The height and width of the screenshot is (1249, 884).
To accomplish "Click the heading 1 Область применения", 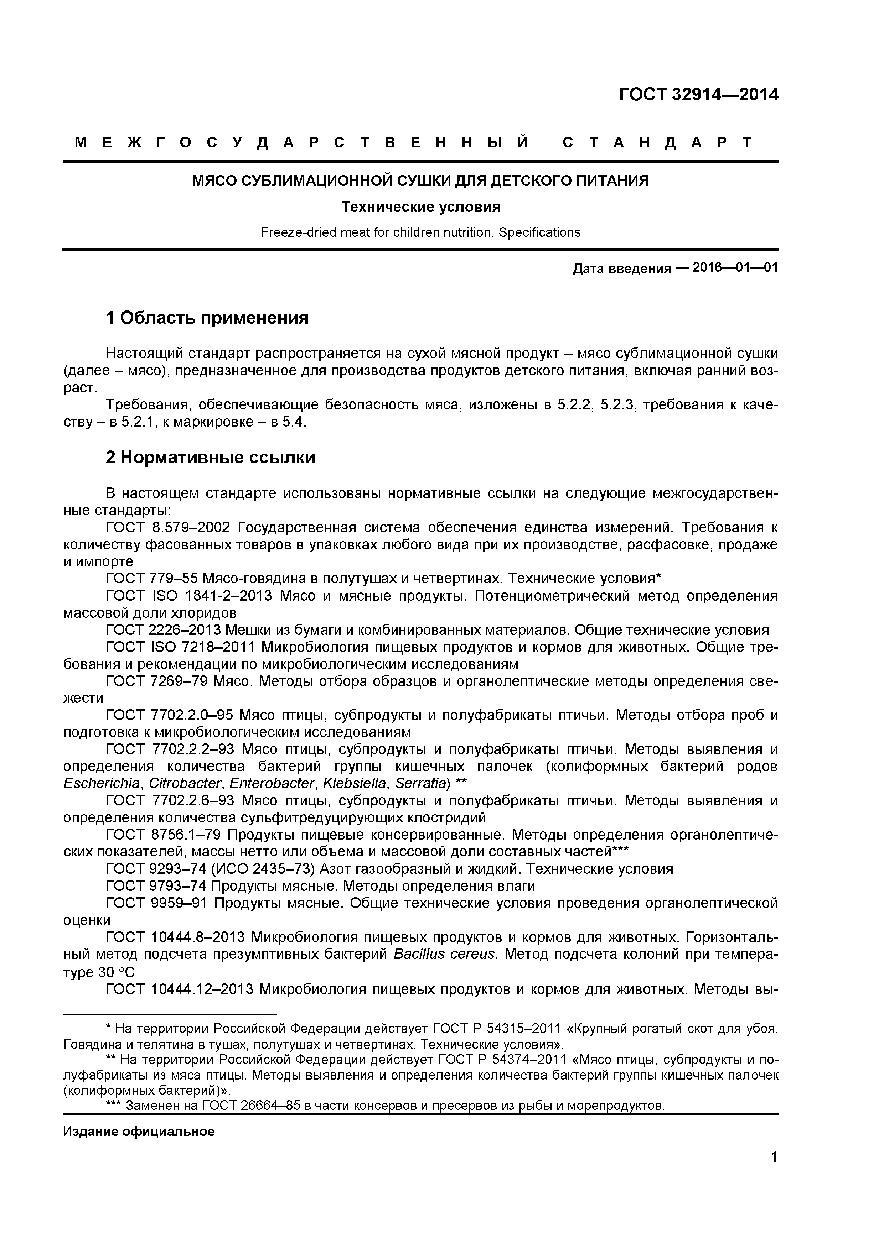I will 207,318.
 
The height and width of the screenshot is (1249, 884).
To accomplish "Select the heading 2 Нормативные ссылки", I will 210,458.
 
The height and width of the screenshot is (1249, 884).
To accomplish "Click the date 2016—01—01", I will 735,268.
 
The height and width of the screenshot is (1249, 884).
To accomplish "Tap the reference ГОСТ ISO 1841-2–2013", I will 188,596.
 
